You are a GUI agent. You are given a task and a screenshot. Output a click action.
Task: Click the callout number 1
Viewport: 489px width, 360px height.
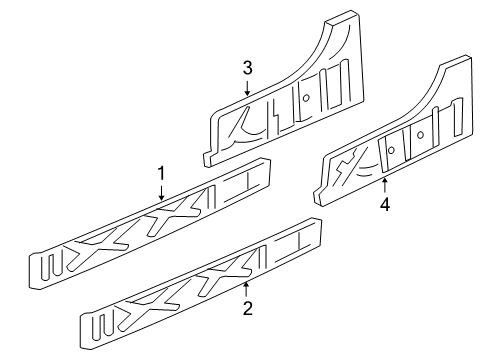point(161,173)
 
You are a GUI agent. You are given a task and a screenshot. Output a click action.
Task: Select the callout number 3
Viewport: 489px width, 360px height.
point(246,68)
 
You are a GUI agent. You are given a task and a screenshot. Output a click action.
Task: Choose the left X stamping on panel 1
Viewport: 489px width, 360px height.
point(112,241)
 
